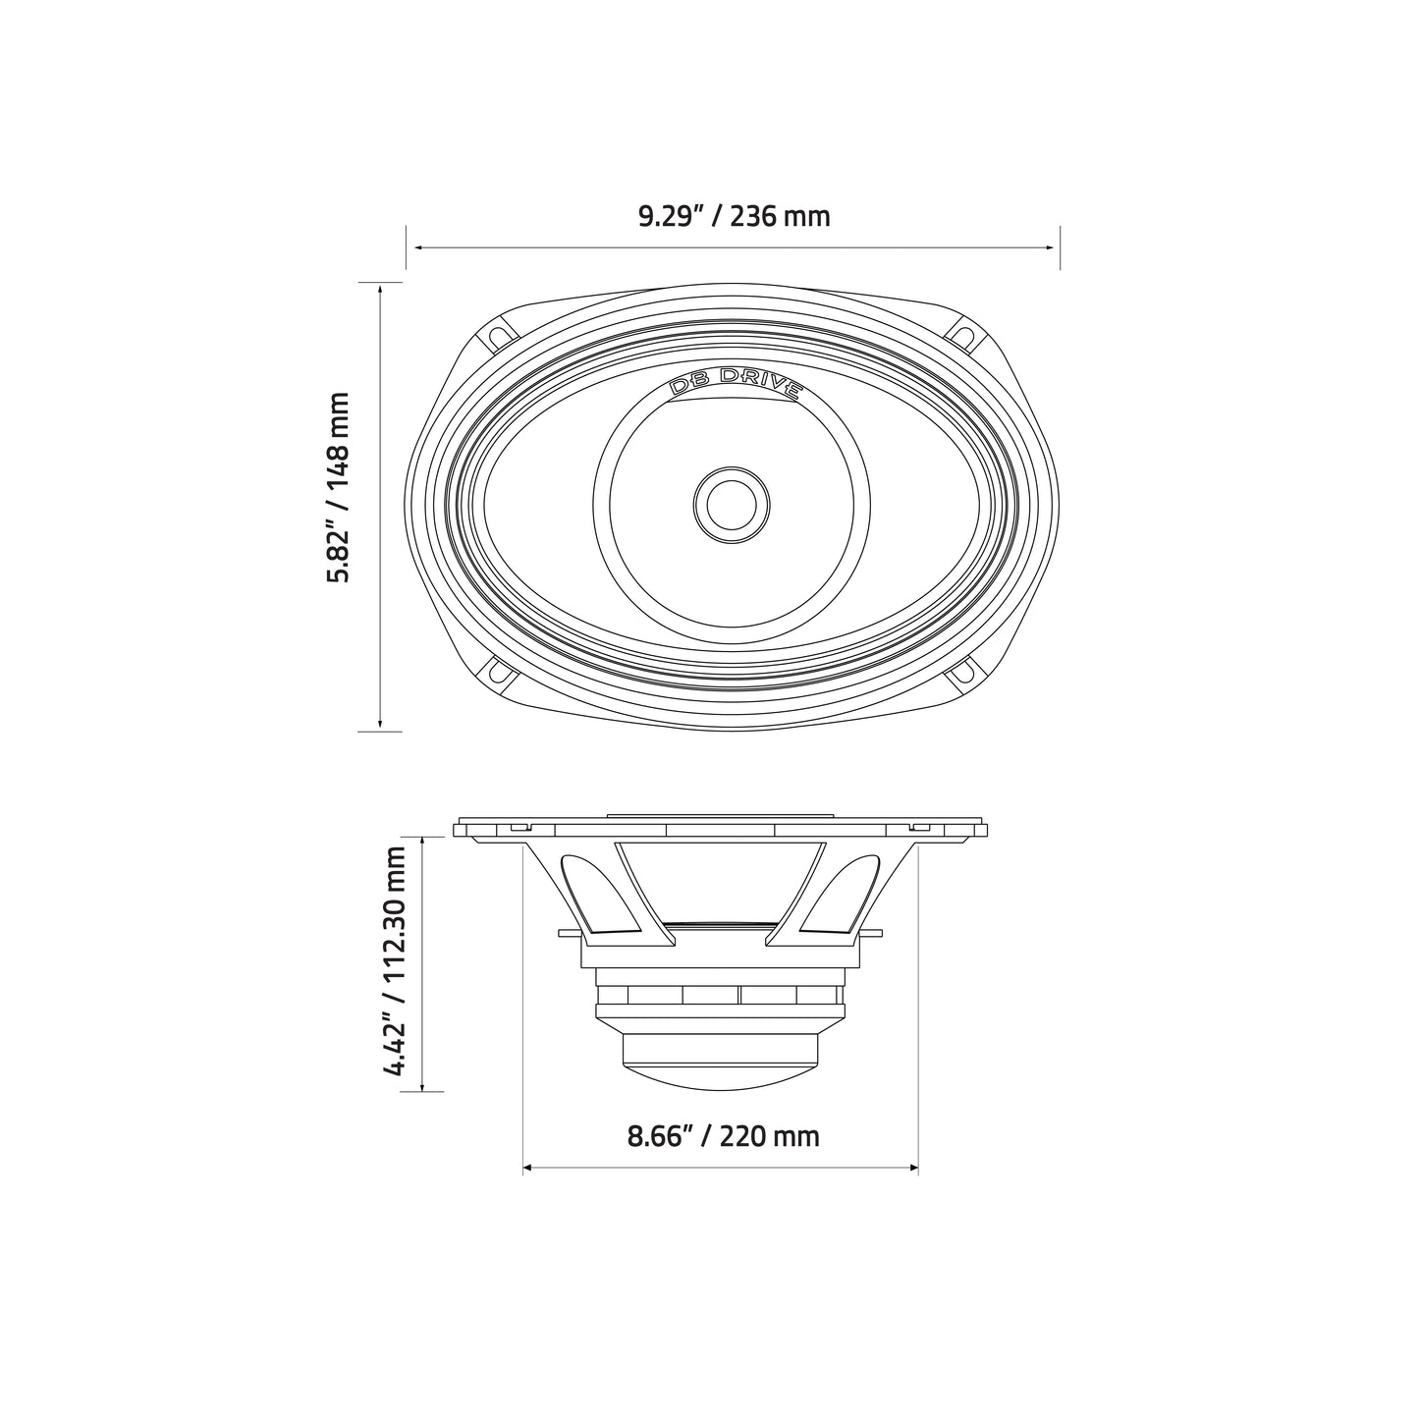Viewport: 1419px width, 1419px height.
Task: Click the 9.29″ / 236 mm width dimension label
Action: (734, 215)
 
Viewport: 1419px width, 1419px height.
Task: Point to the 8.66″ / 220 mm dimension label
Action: (723, 1136)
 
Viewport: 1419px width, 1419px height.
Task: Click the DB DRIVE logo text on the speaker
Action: (734, 382)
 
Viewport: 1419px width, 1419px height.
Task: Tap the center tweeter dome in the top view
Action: (732, 503)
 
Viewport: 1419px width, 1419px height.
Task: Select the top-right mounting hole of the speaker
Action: (964, 334)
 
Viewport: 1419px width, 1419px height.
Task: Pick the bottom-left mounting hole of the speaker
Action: (501, 677)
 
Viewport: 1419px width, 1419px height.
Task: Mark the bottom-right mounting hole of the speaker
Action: (964, 677)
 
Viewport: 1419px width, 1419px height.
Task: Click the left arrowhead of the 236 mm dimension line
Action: (412, 248)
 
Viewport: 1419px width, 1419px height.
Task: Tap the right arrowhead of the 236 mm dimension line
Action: (1054, 248)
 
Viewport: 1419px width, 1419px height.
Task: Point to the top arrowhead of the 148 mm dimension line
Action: (380, 288)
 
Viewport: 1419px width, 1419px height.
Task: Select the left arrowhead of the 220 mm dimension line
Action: (528, 1168)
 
